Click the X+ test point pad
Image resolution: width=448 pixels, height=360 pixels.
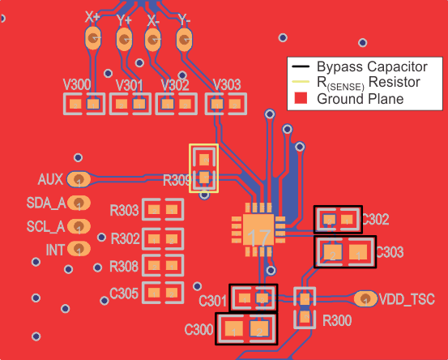(x=93, y=38)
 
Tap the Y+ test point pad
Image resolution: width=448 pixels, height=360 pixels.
(x=124, y=38)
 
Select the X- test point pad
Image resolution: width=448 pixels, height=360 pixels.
(x=152, y=38)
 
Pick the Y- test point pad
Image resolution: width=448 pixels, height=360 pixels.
(x=185, y=38)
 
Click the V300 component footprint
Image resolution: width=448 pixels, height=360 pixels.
(x=84, y=104)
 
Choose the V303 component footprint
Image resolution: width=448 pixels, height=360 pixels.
(x=226, y=104)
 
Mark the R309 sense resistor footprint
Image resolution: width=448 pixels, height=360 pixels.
(x=203, y=168)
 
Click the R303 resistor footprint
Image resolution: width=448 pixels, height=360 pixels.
(x=162, y=210)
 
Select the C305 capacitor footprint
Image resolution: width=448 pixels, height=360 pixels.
(x=162, y=293)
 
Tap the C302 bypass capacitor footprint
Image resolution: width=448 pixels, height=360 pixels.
(x=338, y=219)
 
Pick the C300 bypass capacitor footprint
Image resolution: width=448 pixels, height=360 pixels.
(x=245, y=328)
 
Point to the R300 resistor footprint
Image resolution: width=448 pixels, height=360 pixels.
(x=305, y=308)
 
